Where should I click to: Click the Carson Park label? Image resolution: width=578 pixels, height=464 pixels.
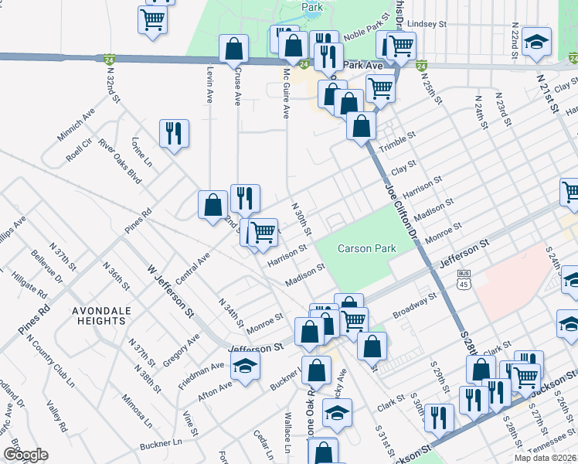(x=367, y=248)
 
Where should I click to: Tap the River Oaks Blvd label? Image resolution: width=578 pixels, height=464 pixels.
(x=119, y=163)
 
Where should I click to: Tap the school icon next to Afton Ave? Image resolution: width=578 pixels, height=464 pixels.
(x=246, y=366)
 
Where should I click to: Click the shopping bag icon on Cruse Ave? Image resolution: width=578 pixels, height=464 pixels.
(x=233, y=49)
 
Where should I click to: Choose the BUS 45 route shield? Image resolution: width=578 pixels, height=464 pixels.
(x=464, y=278)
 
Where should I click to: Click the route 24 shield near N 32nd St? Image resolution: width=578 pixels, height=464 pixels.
(x=110, y=59)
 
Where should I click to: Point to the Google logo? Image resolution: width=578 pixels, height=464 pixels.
(x=25, y=455)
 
